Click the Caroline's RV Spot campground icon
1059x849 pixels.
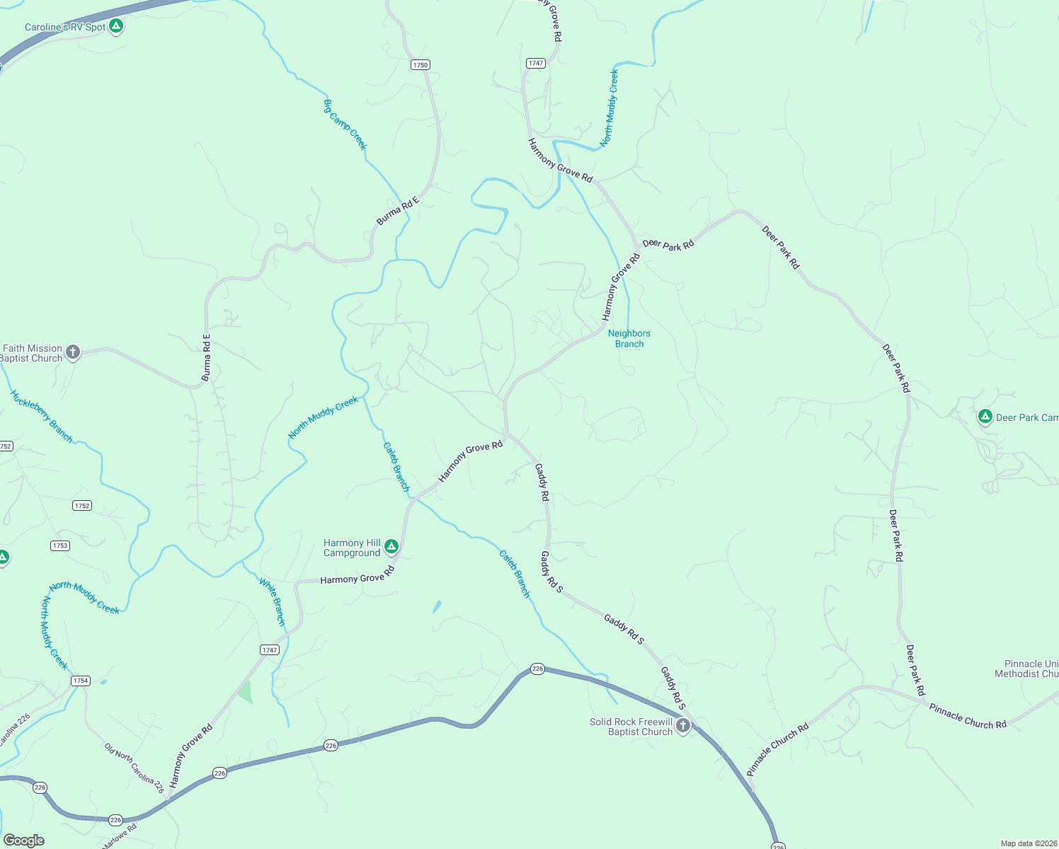click(x=117, y=27)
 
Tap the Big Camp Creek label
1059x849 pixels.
click(x=345, y=125)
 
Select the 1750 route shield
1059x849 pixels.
click(x=420, y=64)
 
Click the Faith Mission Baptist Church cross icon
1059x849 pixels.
click(x=73, y=352)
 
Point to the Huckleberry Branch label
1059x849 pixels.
click(x=42, y=417)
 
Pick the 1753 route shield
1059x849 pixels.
click(x=60, y=545)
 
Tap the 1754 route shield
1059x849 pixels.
click(x=80, y=681)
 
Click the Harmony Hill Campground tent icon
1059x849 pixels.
click(x=391, y=546)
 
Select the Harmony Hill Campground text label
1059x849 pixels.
click(x=352, y=548)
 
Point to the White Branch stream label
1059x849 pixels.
click(x=272, y=602)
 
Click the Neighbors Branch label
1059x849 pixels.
click(x=629, y=338)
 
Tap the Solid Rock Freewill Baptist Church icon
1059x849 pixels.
click(x=683, y=726)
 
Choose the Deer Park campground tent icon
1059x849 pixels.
click(x=985, y=417)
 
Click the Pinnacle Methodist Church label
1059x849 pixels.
click(x=1026, y=669)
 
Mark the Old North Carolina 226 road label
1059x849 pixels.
click(x=134, y=768)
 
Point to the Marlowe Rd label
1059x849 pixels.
click(x=120, y=836)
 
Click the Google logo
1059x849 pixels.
click(x=24, y=841)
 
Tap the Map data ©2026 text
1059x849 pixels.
click(x=1028, y=843)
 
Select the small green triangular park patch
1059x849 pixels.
click(x=246, y=692)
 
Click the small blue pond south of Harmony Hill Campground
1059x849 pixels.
click(x=437, y=607)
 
